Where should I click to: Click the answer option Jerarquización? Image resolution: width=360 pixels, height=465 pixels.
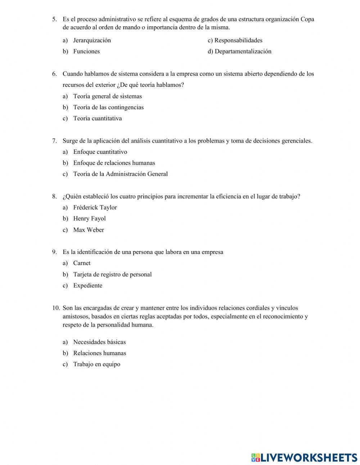[x=92, y=40]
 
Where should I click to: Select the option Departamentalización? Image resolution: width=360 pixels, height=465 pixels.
[x=243, y=52]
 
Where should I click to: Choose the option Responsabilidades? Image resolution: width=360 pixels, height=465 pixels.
[x=238, y=40]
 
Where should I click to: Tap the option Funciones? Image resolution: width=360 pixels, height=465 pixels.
[x=86, y=52]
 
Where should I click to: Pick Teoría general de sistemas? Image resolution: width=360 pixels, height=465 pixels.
[x=107, y=96]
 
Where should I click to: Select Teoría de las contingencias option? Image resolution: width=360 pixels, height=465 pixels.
[x=108, y=107]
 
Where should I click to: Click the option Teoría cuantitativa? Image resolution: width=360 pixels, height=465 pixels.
[x=97, y=119]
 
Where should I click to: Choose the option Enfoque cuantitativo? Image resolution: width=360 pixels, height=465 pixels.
[x=100, y=152]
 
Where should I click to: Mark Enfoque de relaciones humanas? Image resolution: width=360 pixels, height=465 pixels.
[x=114, y=163]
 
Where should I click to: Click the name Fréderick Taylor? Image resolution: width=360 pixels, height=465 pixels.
[x=95, y=207]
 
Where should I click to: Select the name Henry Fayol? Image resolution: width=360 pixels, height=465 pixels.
[x=89, y=219]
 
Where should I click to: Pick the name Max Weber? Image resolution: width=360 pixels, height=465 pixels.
[x=88, y=230]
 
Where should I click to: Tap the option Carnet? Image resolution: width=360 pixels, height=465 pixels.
[x=82, y=263]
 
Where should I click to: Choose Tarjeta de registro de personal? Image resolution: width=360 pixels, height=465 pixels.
[x=112, y=274]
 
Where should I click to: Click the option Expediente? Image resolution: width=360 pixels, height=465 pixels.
[x=87, y=286]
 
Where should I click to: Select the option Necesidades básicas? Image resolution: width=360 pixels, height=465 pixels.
[x=99, y=342]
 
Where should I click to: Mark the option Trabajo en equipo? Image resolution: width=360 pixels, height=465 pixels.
[x=96, y=364]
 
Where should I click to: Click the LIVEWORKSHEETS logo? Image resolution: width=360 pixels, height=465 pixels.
[x=304, y=457]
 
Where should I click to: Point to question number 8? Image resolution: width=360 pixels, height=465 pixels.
[x=54, y=196]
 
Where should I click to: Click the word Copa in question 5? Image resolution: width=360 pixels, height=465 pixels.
[x=307, y=19]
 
